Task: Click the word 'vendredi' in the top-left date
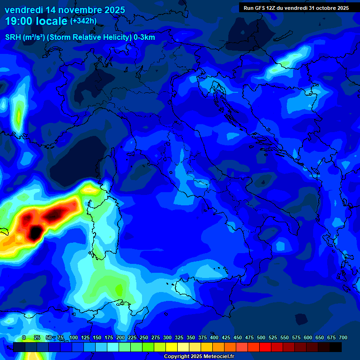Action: [x=23, y=10]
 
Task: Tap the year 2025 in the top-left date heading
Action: [x=112, y=10]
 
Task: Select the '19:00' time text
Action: [x=19, y=22]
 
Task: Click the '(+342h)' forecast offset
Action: [x=83, y=21]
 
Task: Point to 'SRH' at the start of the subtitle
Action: [x=13, y=37]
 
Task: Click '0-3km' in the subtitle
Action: [x=144, y=37]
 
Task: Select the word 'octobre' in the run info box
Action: [x=319, y=8]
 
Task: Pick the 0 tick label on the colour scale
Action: [x=24, y=337]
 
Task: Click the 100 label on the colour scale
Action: [x=74, y=337]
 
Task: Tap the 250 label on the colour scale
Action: [x=144, y=337]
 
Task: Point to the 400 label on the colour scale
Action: [x=214, y=337]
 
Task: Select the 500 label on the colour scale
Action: [x=261, y=337]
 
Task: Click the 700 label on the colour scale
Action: [x=343, y=337]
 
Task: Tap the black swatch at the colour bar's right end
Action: [x=336, y=347]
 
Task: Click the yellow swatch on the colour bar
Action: [x=172, y=347]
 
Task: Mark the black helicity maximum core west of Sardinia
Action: [x=35, y=232]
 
